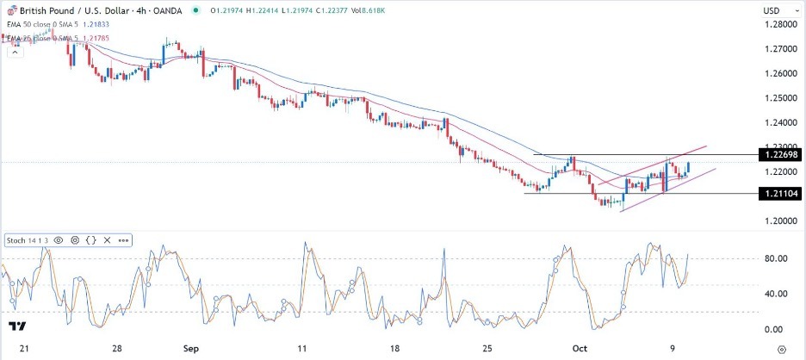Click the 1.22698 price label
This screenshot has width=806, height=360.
coord(778,155)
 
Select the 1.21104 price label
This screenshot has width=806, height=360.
coord(778,195)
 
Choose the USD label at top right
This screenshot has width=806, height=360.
coord(772,10)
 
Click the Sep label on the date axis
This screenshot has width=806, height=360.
coord(191,349)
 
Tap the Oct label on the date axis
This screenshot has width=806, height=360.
coord(580,349)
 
